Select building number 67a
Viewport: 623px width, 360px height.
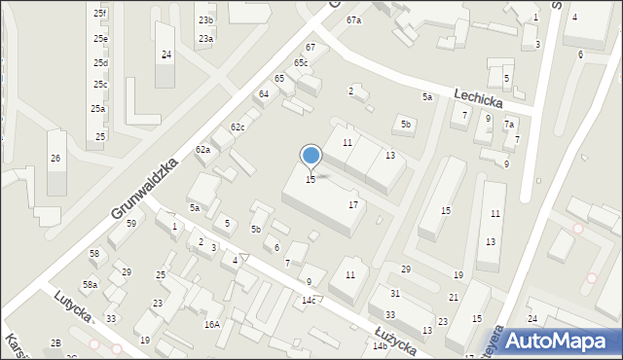pyautogui.click(x=353, y=20)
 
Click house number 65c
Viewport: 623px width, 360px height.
pyautogui.click(x=301, y=63)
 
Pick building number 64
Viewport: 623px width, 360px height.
pyautogui.click(x=263, y=93)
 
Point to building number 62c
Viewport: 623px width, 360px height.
pyautogui.click(x=238, y=127)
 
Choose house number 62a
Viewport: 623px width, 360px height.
pyautogui.click(x=202, y=149)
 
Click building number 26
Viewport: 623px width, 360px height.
pyautogui.click(x=55, y=159)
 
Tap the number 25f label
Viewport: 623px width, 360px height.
pyautogui.click(x=100, y=14)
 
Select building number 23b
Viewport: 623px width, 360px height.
pyautogui.click(x=205, y=19)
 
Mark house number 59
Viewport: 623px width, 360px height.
pyautogui.click(x=131, y=224)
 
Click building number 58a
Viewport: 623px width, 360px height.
pyautogui.click(x=90, y=284)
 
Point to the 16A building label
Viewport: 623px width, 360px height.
pyautogui.click(x=211, y=325)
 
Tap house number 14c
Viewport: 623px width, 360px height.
pyautogui.click(x=309, y=300)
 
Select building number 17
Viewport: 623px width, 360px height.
pyautogui.click(x=353, y=205)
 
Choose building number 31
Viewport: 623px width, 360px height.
pyautogui.click(x=395, y=293)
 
